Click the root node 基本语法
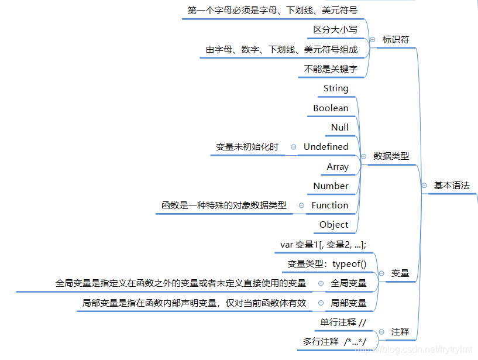(x=451, y=186)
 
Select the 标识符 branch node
(x=396, y=40)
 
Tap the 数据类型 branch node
(x=391, y=156)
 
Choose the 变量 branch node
(x=400, y=273)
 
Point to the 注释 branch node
(x=400, y=332)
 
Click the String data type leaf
(x=336, y=88)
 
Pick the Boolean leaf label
(x=331, y=108)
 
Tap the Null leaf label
(x=339, y=128)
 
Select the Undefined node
(x=326, y=147)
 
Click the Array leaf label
(x=338, y=167)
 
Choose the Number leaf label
(x=331, y=186)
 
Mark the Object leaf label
(x=333, y=225)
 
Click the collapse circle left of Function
(x=301, y=205)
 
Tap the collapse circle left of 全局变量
(x=321, y=283)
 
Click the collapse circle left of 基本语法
(x=424, y=186)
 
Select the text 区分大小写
(x=335, y=30)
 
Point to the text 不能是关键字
(x=331, y=68)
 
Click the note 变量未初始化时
(x=247, y=147)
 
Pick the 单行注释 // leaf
(x=343, y=323)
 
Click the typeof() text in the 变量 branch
(x=349, y=264)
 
